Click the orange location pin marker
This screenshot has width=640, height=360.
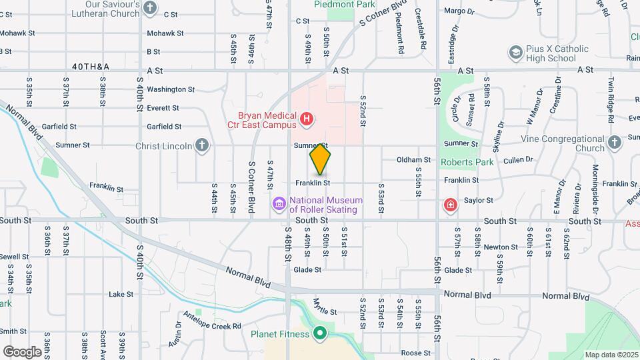(x=321, y=159)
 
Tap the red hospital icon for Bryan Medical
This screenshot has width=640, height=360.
(x=306, y=119)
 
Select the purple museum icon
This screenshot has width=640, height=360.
(x=279, y=203)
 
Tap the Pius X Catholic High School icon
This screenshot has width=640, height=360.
(x=515, y=52)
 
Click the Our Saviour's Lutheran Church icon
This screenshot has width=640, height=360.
(x=150, y=9)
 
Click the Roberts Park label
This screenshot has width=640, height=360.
(x=467, y=161)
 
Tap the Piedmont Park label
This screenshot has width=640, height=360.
(x=345, y=4)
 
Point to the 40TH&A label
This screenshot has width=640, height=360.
(x=91, y=67)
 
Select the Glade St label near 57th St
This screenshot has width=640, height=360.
(x=458, y=270)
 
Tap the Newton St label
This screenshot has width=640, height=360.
(x=496, y=247)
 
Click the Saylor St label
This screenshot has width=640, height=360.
(x=478, y=200)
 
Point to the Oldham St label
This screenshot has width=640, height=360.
(x=413, y=160)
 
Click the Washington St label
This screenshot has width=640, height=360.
(x=171, y=89)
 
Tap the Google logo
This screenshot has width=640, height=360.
(x=22, y=351)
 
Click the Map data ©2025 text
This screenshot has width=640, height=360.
(x=611, y=354)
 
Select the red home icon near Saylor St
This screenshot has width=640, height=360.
(x=451, y=203)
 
